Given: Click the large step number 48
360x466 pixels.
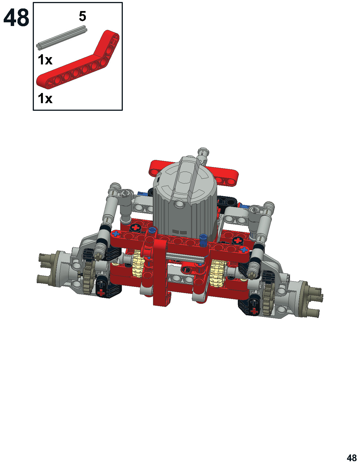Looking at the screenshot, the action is click(x=16, y=18).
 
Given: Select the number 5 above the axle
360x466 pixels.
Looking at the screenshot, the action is click(x=82, y=16).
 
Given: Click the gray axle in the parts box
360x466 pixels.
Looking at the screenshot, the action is click(x=62, y=38).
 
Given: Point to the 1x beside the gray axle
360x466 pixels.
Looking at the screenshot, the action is click(x=45, y=60).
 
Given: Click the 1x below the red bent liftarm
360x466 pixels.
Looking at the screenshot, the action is click(x=45, y=99).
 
